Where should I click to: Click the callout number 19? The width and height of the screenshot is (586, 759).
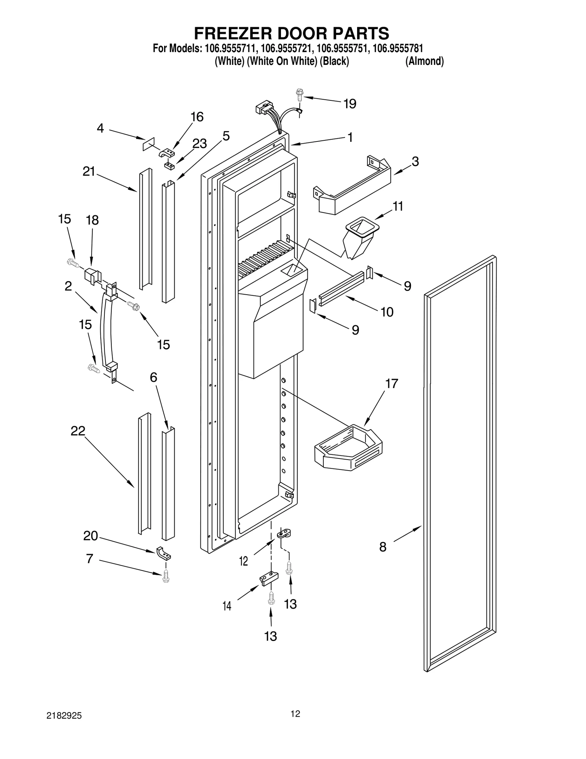350,104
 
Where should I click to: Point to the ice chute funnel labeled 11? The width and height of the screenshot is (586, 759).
359,238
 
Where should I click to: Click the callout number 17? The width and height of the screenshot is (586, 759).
391,383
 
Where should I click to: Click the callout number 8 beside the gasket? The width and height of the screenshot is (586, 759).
383,548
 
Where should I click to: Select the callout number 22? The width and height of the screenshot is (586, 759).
78,431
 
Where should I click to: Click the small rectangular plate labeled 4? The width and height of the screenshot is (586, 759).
149,144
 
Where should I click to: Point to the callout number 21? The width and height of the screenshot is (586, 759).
89,171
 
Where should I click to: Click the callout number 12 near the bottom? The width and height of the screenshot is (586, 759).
244,561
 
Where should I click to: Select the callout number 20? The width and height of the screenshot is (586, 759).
90,536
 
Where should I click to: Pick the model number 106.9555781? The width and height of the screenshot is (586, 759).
397,49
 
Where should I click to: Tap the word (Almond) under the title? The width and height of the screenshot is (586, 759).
424,61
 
